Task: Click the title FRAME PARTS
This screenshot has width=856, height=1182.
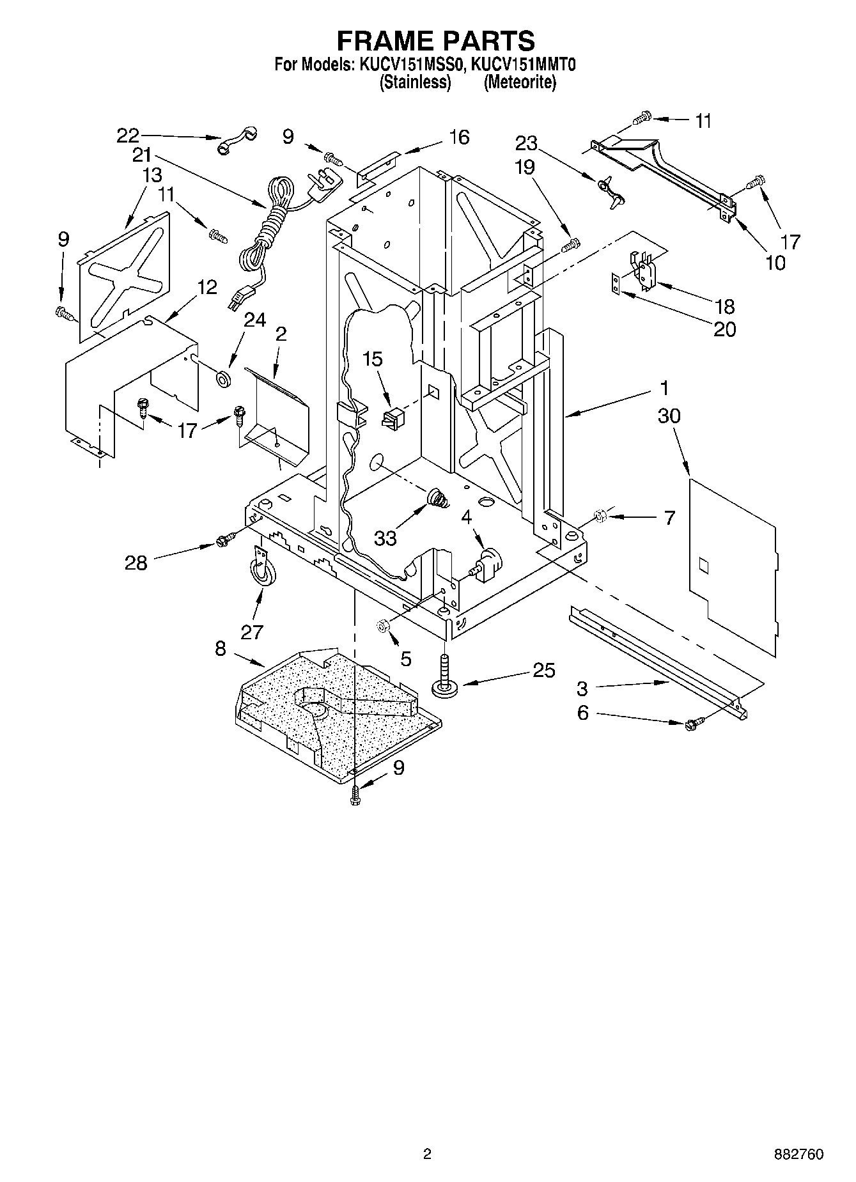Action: coord(435,41)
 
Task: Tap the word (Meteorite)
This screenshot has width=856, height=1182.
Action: coord(520,82)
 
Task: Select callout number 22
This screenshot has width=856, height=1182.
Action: coord(127,135)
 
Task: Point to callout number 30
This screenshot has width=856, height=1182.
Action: coord(669,416)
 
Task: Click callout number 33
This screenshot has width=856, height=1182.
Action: coord(385,538)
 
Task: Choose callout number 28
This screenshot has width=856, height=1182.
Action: coord(136,563)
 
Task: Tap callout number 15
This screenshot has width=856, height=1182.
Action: coord(373,359)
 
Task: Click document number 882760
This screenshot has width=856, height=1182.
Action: coord(798,1154)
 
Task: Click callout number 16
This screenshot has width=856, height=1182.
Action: coord(459,137)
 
